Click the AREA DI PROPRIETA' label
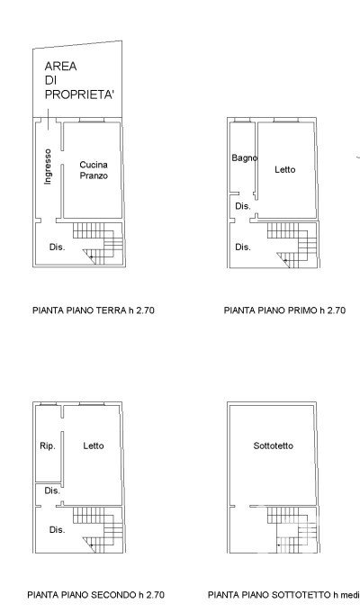click(79, 80)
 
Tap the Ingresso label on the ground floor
click(48, 166)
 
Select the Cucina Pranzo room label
click(94, 170)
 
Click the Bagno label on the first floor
click(245, 157)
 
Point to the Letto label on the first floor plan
click(285, 170)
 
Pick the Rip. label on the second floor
click(48, 445)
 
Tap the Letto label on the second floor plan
click(94, 445)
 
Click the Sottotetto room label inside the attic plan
click(274, 445)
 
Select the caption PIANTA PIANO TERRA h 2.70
click(94, 310)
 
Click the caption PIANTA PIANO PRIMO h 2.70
click(284, 310)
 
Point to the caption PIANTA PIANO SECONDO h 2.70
click(95, 595)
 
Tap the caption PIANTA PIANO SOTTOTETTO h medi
click(283, 595)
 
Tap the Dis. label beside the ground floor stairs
click(57, 247)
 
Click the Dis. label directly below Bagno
click(243, 206)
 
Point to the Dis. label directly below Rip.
click(52, 490)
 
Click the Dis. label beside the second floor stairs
click(57, 530)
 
